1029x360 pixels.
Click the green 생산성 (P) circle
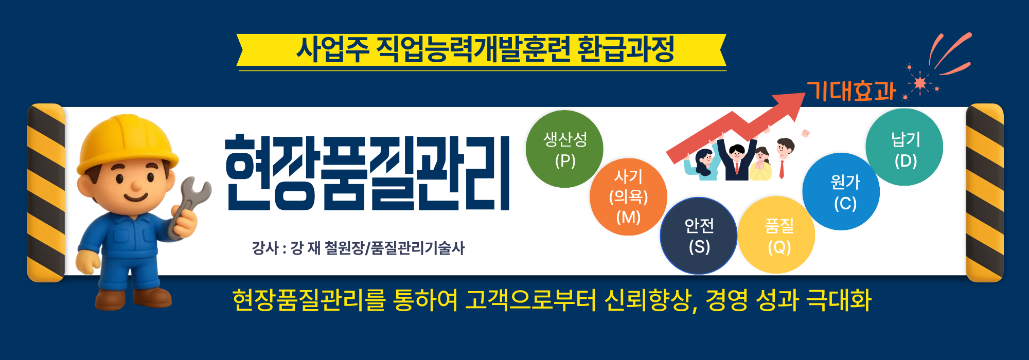564,149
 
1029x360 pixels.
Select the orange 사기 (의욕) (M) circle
628,197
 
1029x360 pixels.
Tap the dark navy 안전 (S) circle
699,236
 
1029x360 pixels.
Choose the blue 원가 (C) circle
842,192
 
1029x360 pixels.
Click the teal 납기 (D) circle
904,148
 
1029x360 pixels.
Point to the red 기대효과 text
851,92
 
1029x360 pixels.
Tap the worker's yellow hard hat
126,141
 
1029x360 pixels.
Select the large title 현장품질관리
367,174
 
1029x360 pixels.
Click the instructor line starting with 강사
358,248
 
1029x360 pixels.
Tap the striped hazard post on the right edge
984,193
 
